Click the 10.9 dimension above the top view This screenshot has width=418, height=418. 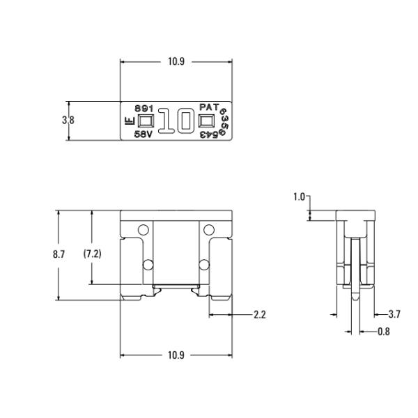(x=176, y=61)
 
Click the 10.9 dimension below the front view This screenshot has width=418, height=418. (x=176, y=355)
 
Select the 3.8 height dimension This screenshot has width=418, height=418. (x=68, y=121)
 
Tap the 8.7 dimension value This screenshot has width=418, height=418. (x=59, y=254)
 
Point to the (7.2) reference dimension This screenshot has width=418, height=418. (x=92, y=254)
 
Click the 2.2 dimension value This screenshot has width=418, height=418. (x=260, y=315)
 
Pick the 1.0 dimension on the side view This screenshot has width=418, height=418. (x=299, y=197)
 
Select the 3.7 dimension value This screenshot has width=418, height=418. (x=394, y=314)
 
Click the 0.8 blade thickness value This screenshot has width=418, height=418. (x=384, y=332)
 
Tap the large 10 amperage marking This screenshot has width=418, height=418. (x=176, y=121)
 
